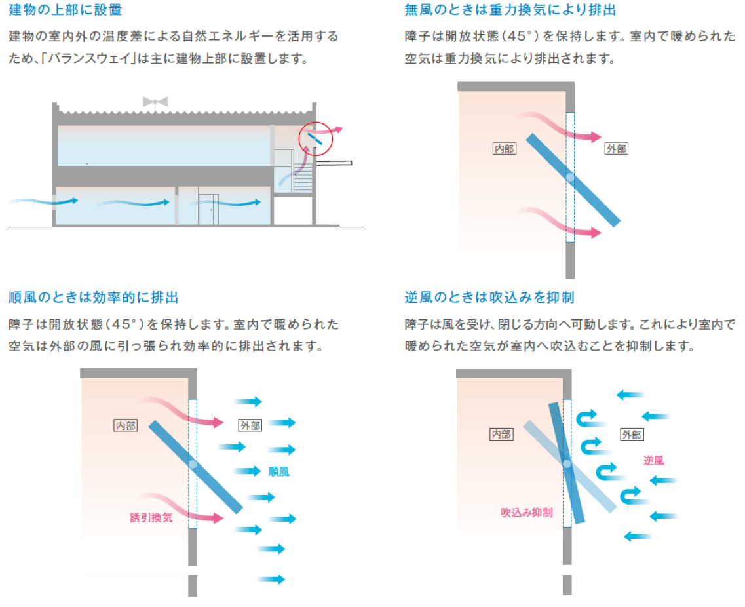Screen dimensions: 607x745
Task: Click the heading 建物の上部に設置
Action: tap(65, 10)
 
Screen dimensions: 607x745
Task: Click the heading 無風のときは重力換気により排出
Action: tap(510, 10)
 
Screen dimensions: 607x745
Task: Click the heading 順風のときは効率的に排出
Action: tap(93, 298)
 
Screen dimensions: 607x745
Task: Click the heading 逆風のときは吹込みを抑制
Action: tap(489, 298)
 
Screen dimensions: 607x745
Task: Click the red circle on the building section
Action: tap(316, 139)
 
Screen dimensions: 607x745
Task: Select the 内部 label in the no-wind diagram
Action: tap(504, 149)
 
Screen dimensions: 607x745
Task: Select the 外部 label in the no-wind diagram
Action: tap(616, 149)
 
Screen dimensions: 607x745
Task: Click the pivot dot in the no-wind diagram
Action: tap(570, 178)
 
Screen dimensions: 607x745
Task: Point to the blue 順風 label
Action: tap(278, 471)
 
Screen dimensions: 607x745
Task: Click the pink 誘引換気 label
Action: tap(151, 517)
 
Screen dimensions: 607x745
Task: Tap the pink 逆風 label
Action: tap(653, 460)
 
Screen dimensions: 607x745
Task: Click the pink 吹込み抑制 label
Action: tap(526, 512)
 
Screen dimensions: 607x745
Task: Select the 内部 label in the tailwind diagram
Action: tap(126, 425)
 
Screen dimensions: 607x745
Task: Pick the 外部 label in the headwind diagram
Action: tap(632, 434)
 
